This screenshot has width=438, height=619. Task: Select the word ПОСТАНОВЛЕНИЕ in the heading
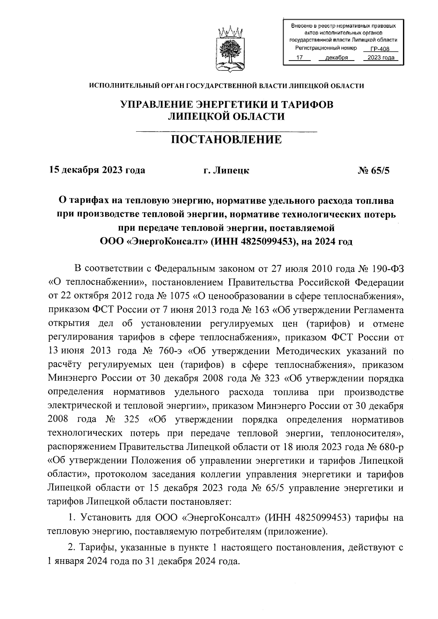click(227, 139)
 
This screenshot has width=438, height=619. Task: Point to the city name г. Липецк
click(227, 170)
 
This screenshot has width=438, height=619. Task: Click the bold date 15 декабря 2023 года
click(97, 170)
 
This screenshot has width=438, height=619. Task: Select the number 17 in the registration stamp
click(300, 58)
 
